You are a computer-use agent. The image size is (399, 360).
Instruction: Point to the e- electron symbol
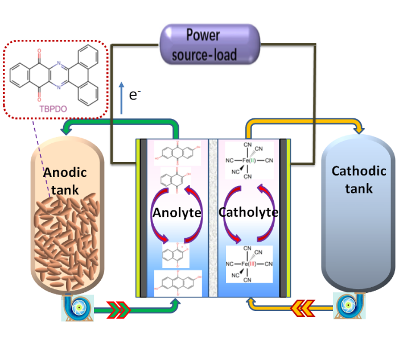click(134, 96)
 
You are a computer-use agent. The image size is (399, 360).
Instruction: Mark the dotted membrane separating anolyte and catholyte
click(213, 217)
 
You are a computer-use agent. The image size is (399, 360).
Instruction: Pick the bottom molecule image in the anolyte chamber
click(176, 283)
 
